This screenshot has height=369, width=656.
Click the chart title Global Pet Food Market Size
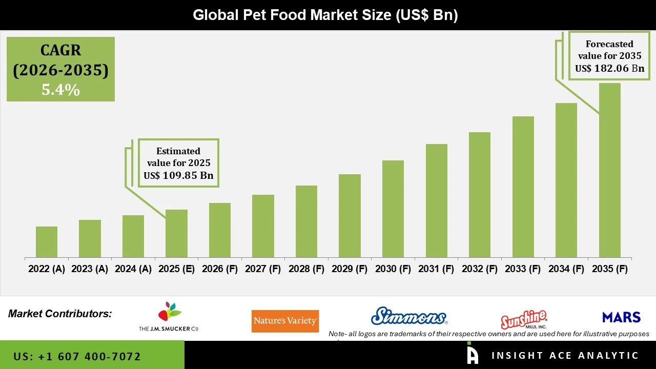pyautogui.click(x=325, y=15)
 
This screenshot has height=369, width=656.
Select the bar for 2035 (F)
pyautogui.click(x=609, y=170)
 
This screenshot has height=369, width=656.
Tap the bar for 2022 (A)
pyautogui.click(x=47, y=242)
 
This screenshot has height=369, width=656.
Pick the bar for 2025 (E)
pyautogui.click(x=176, y=233)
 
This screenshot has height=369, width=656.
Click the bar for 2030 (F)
pyautogui.click(x=393, y=209)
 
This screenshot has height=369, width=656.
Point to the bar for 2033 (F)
pyautogui.click(x=523, y=187)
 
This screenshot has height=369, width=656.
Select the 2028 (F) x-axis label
pyautogui.click(x=306, y=269)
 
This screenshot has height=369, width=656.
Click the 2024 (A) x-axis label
pyautogui.click(x=133, y=269)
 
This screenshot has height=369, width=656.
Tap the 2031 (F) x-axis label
pyautogui.click(x=436, y=269)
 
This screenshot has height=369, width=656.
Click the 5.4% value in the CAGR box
pyautogui.click(x=60, y=90)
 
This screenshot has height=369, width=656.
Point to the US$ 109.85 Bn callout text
pyautogui.click(x=178, y=176)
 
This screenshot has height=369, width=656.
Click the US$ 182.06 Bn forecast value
pyautogui.click(x=609, y=68)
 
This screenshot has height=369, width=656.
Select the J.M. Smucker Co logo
pyautogui.click(x=169, y=317)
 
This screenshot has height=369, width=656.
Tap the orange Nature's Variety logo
pyautogui.click(x=285, y=321)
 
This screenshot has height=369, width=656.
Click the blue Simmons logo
pyautogui.click(x=409, y=316)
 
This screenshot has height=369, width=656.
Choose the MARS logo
pyautogui.click(x=621, y=317)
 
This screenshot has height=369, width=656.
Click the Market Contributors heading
pyautogui.click(x=60, y=314)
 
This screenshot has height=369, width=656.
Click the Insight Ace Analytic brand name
pyautogui.click(x=565, y=356)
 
